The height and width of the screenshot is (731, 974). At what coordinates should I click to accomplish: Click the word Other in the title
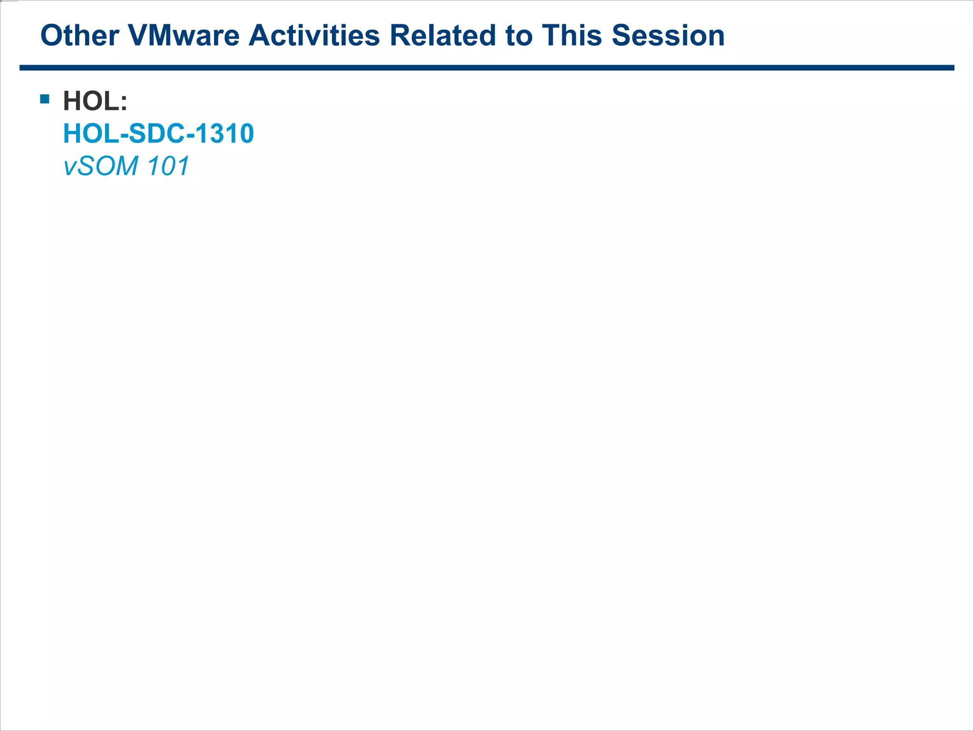coord(79,36)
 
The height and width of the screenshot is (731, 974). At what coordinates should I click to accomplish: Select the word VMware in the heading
coord(184,36)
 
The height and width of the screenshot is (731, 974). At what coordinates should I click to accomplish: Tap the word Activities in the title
coord(314,36)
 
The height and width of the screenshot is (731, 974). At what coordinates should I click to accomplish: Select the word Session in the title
coord(668,36)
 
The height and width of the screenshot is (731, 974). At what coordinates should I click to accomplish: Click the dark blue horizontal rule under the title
coord(487,68)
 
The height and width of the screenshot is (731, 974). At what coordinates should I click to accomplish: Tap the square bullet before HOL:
coord(45,99)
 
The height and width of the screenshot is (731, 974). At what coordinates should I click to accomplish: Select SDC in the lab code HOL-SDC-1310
coord(157,134)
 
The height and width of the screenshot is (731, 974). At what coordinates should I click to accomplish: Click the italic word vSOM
coord(101,166)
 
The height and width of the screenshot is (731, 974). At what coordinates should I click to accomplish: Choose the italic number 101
coord(168,166)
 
